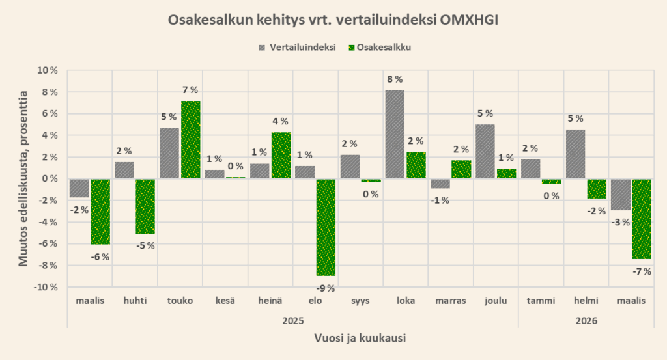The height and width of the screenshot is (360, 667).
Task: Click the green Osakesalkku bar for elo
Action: click(326, 227)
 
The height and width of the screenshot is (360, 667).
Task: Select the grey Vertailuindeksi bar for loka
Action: click(394, 134)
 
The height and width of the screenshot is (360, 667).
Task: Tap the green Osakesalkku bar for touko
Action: click(191, 139)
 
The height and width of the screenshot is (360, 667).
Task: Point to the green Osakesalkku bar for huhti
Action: click(145, 206)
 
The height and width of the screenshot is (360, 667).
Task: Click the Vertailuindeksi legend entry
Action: click(297, 47)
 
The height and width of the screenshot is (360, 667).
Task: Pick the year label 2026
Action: click(586, 320)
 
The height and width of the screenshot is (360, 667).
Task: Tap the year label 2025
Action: click(293, 320)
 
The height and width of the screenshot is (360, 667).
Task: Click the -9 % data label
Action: click(326, 288)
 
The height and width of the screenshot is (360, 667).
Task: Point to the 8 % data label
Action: click(393, 80)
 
